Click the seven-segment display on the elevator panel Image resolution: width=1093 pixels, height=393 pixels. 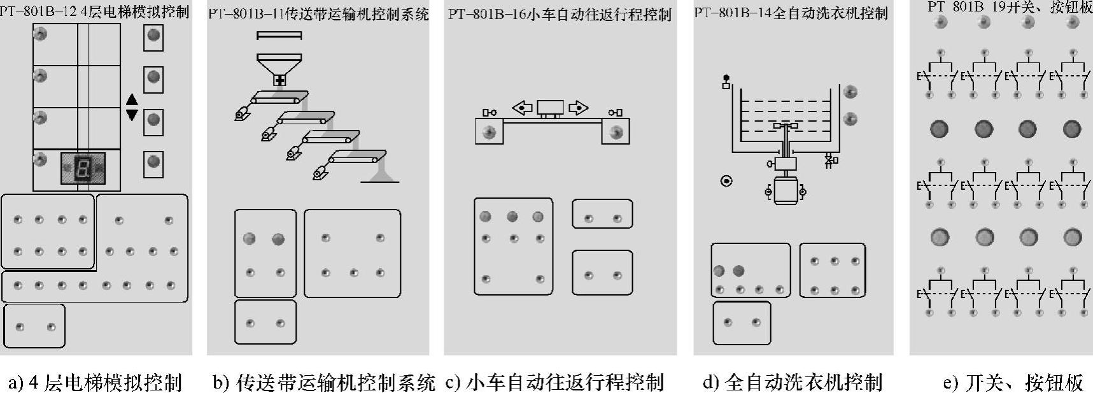click(82, 168)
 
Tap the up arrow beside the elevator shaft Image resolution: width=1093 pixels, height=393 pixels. click(132, 99)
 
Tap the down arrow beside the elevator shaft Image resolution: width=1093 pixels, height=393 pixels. click(132, 115)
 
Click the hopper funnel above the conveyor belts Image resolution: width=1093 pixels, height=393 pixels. click(279, 67)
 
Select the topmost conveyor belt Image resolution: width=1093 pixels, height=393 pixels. click(279, 97)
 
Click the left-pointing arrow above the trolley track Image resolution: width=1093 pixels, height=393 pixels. click(523, 108)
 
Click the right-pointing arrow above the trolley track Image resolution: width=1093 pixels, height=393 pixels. click(578, 108)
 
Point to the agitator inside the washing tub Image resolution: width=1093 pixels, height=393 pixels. click(786, 127)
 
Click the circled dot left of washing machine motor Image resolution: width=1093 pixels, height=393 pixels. click(726, 181)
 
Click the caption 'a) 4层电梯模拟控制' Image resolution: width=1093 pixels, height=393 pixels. click(95, 382)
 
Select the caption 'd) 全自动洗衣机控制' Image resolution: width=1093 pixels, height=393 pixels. click(792, 382)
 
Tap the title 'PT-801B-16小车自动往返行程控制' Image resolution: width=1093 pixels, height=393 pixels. click(560, 14)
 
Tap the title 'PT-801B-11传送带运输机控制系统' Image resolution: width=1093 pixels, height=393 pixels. click(318, 14)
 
